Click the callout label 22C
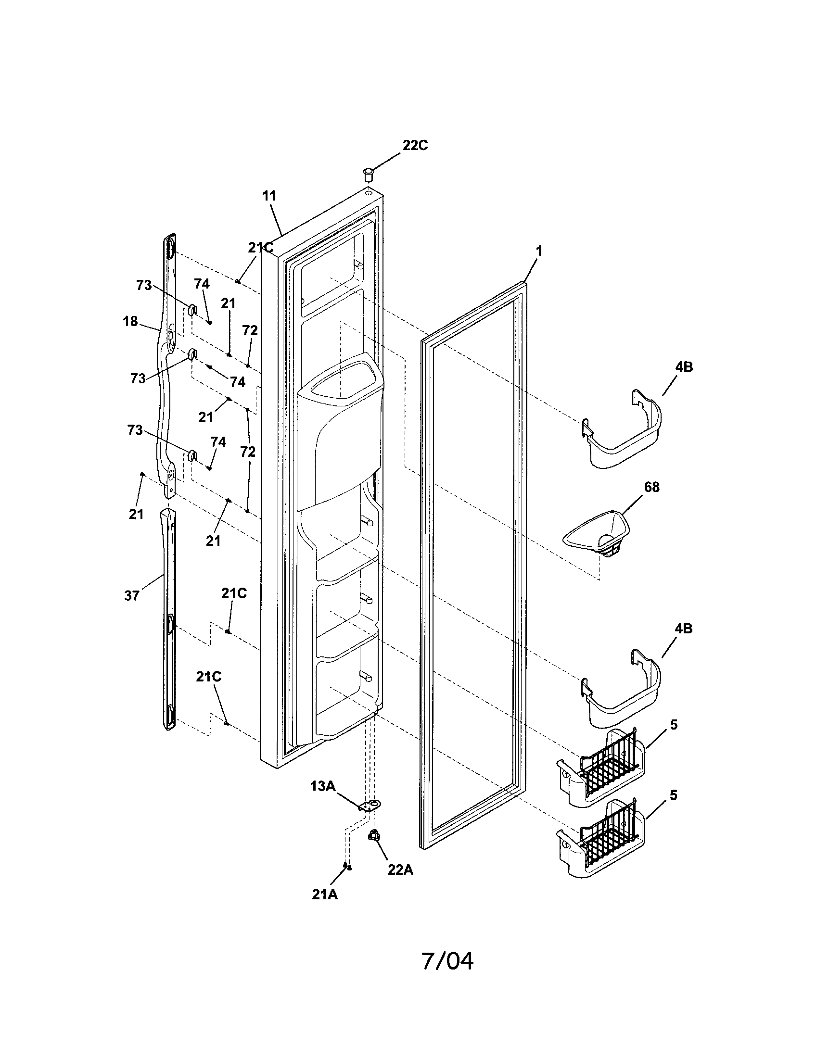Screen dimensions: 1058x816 pyautogui.click(x=415, y=145)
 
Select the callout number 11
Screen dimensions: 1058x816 pyautogui.click(x=269, y=196)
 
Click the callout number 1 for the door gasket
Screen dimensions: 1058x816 pyautogui.click(x=539, y=251)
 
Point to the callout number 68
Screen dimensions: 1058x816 pyautogui.click(x=652, y=487)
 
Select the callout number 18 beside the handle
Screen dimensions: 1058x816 pyautogui.click(x=130, y=321)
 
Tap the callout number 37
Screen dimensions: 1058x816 pyautogui.click(x=132, y=596)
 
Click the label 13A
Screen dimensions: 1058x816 pyautogui.click(x=323, y=786)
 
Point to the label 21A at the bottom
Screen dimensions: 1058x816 pyautogui.click(x=325, y=895)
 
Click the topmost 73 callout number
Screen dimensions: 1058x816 pyautogui.click(x=144, y=285)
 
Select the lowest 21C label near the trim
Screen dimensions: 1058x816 pyautogui.click(x=209, y=677)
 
